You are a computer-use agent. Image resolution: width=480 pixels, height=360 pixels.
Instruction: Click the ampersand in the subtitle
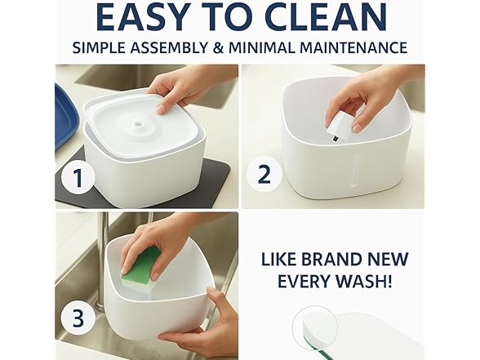click(x=251, y=47)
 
